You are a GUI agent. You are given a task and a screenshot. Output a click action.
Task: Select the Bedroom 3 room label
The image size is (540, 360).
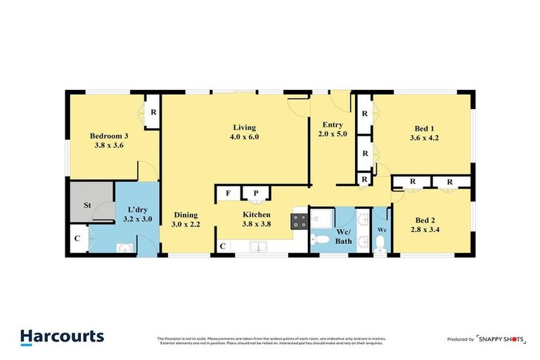(109, 136)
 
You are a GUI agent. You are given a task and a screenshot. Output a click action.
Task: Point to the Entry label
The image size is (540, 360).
(333, 124)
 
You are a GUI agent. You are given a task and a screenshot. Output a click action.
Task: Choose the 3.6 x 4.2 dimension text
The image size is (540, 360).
(424, 139)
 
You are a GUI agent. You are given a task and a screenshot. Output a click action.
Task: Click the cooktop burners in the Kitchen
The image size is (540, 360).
(298, 221)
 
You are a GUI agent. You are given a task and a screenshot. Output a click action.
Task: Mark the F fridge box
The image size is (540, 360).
(228, 193)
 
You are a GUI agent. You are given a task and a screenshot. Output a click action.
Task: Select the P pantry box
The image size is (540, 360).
(251, 193)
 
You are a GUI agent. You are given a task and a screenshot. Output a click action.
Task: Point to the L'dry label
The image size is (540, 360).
(136, 210)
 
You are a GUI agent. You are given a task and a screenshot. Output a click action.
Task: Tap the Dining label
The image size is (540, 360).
(186, 215)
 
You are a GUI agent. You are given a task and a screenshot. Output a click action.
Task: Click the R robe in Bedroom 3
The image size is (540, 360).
(153, 111)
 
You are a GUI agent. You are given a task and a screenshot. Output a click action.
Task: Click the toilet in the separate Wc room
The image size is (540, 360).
(380, 243)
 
